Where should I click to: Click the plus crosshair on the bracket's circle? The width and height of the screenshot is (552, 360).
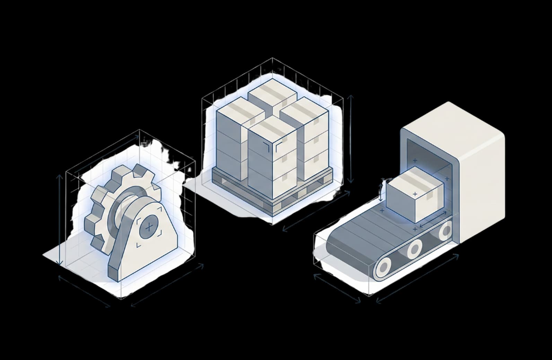point(149,228)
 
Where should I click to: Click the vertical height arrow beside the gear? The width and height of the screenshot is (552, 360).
point(60,220)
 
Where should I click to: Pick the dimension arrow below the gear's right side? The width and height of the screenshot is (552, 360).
point(167,285)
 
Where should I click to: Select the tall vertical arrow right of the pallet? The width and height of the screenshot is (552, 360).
point(351,139)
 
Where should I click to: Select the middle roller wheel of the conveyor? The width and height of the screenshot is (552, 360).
point(414,249)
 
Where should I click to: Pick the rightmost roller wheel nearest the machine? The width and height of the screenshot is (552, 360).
point(445,230)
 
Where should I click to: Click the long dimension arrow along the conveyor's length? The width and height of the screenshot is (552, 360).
point(417,279)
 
